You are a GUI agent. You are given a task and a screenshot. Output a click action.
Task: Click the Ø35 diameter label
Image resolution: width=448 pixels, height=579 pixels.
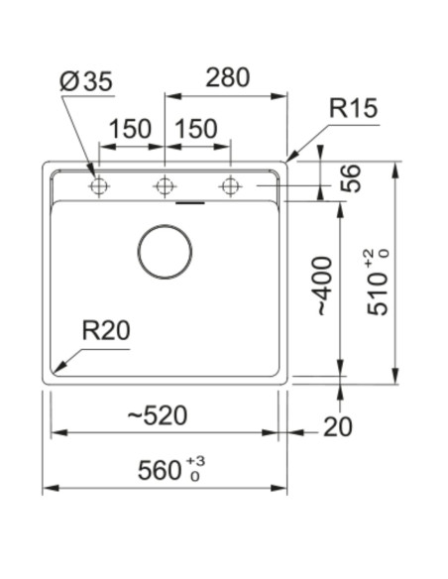[85, 81]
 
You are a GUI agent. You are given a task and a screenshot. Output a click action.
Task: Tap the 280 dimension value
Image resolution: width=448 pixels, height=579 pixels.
[227, 77]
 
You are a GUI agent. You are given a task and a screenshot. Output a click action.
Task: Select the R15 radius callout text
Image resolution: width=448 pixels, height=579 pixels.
[353, 108]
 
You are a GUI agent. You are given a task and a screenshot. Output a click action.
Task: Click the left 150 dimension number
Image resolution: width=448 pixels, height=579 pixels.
[130, 129]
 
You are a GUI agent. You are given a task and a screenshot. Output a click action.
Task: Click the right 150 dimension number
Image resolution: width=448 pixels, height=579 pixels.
[196, 129]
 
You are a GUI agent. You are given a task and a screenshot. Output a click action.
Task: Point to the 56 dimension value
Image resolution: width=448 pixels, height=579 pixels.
[350, 178]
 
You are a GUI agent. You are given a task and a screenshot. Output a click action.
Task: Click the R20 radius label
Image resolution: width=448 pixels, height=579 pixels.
[106, 330]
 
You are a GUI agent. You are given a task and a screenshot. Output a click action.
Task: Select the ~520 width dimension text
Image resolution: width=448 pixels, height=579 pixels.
[158, 415]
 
